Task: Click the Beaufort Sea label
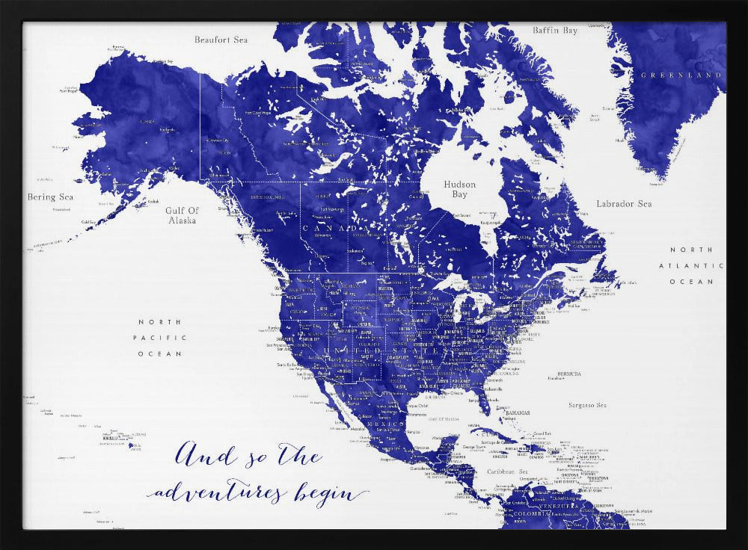point(221,40)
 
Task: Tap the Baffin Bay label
point(555,31)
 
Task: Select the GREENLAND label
point(681,75)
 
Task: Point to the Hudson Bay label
point(459,189)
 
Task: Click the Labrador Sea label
point(624,204)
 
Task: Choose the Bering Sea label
point(51,197)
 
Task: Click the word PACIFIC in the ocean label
point(159,338)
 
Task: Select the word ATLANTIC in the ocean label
point(691,265)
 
